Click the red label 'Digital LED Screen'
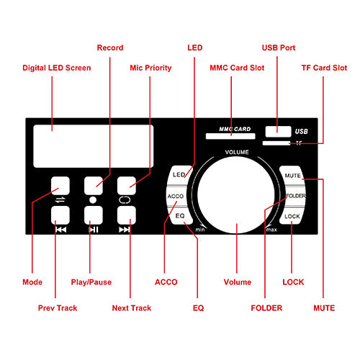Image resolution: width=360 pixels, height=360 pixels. pyautogui.click(x=57, y=68)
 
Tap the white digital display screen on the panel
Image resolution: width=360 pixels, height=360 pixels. pyautogui.click(x=94, y=146)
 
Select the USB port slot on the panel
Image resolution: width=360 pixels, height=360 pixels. pyautogui.click(x=278, y=132)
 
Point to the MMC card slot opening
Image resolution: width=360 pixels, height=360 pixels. pyautogui.click(x=230, y=136)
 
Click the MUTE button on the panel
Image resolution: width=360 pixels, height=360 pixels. pyautogui.click(x=292, y=175)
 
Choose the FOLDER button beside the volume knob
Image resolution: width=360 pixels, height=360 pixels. pyautogui.click(x=294, y=196)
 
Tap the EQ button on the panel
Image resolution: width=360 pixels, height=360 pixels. pyautogui.click(x=181, y=215)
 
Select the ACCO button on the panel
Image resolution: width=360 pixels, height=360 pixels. pyautogui.click(x=176, y=196)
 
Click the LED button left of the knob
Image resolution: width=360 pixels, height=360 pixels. pyautogui.click(x=180, y=175)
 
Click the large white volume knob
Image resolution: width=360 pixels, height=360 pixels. pyautogui.click(x=236, y=195)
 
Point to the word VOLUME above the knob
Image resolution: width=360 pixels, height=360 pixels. pyautogui.click(x=237, y=152)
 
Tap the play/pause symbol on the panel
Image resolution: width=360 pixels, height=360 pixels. pyautogui.click(x=94, y=230)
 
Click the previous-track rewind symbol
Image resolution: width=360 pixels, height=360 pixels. pyautogui.click(x=60, y=230)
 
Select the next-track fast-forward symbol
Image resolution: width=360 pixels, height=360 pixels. pyautogui.click(x=125, y=230)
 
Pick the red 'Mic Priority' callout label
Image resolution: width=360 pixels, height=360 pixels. pyautogui.click(x=150, y=68)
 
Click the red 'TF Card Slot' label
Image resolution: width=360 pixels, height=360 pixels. pyautogui.click(x=324, y=68)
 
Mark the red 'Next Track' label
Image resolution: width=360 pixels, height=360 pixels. pyautogui.click(x=132, y=308)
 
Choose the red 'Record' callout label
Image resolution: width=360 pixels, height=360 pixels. pyautogui.click(x=110, y=48)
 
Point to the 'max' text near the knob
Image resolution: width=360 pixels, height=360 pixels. pyautogui.click(x=271, y=230)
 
